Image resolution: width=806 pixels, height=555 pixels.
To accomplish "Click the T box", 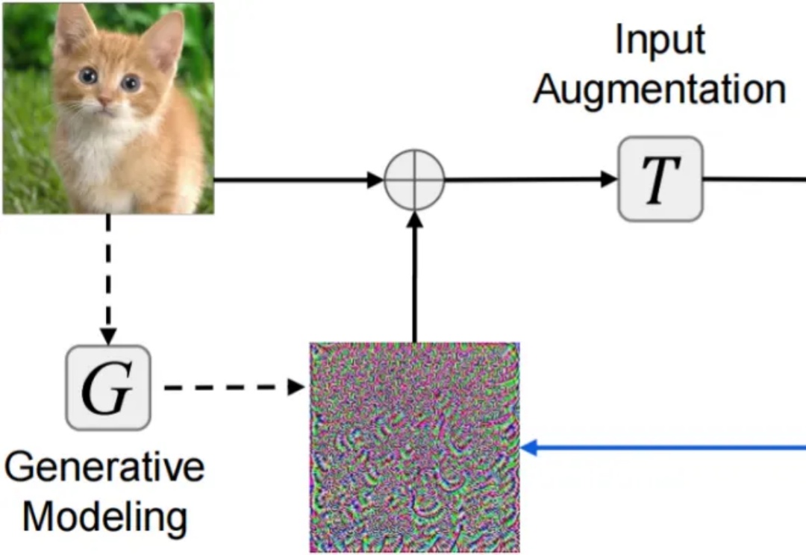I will (x=660, y=179).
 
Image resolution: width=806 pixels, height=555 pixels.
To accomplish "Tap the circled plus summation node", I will (x=414, y=180).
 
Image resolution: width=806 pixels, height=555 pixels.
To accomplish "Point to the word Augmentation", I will (x=660, y=90).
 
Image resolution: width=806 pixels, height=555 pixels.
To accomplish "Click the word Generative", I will (x=104, y=468).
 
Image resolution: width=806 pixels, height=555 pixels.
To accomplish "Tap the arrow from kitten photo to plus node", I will (x=299, y=180).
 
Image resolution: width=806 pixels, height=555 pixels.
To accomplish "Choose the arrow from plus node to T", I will (x=530, y=180).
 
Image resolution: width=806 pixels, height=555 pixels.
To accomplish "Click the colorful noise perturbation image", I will (x=414, y=448).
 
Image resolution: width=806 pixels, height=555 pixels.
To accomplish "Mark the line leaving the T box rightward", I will (x=754, y=180).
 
